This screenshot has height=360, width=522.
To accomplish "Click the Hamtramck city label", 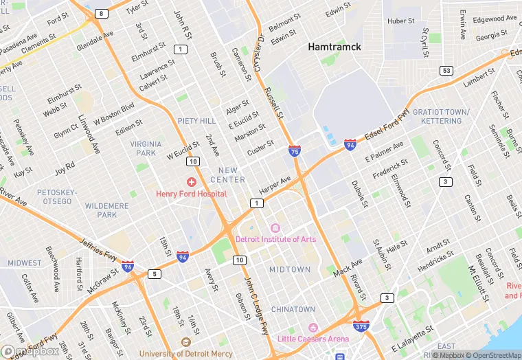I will pyautogui.click(x=334, y=47).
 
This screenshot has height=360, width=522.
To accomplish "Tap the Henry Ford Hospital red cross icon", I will pyautogui.click(x=191, y=182).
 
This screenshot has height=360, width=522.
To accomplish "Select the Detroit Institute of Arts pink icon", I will pyautogui.click(x=275, y=228).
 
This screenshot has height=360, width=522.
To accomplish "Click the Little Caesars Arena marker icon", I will pyautogui.click(x=313, y=327).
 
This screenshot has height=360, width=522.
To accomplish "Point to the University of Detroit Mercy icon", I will pyautogui.click(x=184, y=341).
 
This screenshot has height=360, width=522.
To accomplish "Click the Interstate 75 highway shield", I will pyautogui.click(x=294, y=151).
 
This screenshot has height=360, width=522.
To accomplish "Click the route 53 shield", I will pyautogui.click(x=446, y=71).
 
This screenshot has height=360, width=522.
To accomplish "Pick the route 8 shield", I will pyautogui.click(x=102, y=14).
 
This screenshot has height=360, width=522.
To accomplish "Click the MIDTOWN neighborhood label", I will pyautogui.click(x=289, y=270).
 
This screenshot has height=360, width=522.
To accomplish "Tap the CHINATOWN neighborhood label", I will pyautogui.click(x=293, y=310).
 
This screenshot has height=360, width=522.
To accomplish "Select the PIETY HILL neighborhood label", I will pyautogui.click(x=196, y=121).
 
